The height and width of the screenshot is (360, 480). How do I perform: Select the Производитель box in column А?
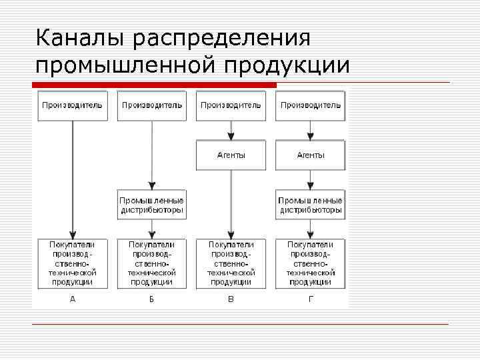tap(72, 105)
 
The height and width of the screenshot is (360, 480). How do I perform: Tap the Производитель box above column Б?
tap(151, 105)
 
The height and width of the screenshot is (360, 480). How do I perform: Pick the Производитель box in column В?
tap(231, 105)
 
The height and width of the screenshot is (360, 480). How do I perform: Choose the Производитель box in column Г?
tap(310, 105)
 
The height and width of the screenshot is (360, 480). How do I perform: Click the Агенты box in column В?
tap(231, 155)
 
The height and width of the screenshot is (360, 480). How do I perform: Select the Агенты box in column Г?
tap(310, 155)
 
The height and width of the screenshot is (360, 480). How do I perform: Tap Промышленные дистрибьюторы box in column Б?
tap(151, 205)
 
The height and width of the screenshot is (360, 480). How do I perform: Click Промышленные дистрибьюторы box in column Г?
tap(310, 205)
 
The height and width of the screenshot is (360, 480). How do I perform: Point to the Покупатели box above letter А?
tap(72, 263)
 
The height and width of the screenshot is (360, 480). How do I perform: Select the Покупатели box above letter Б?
tap(151, 263)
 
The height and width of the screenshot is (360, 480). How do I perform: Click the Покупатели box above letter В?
tap(231, 263)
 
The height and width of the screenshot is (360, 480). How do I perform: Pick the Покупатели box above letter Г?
tap(310, 263)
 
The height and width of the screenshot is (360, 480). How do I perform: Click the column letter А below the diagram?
tap(73, 299)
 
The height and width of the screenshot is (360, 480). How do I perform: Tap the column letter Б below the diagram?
tap(151, 299)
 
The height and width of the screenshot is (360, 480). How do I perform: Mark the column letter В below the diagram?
tap(231, 299)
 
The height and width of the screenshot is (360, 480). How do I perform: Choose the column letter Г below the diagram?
tap(310, 299)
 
